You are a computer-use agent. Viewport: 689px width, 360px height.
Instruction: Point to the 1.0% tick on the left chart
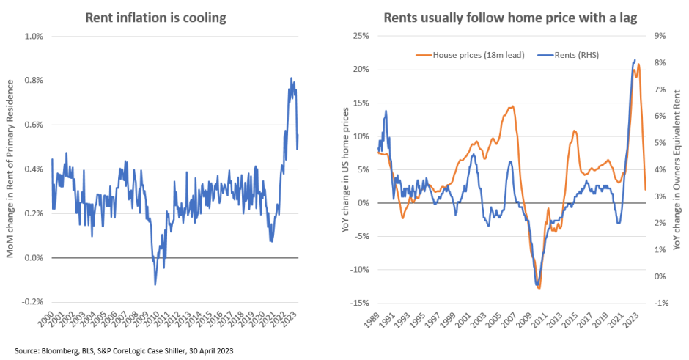coord(34,36)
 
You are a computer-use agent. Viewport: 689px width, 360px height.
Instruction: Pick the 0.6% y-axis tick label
coord(34,125)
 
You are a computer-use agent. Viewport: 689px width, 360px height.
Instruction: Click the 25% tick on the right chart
coord(361,36)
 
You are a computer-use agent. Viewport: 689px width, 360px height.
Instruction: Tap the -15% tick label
coord(360,303)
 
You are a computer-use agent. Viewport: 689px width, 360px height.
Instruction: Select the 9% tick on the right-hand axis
coord(659,36)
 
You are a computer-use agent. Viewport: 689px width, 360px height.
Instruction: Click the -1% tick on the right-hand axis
coord(659,303)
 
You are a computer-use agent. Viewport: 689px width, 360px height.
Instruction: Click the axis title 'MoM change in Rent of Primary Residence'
coord(12,169)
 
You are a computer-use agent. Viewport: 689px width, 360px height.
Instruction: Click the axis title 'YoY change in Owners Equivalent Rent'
coord(678,169)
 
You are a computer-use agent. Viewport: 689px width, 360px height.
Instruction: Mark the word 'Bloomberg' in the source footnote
coord(56,350)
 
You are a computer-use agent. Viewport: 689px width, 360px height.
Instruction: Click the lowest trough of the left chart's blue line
coord(155,284)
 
